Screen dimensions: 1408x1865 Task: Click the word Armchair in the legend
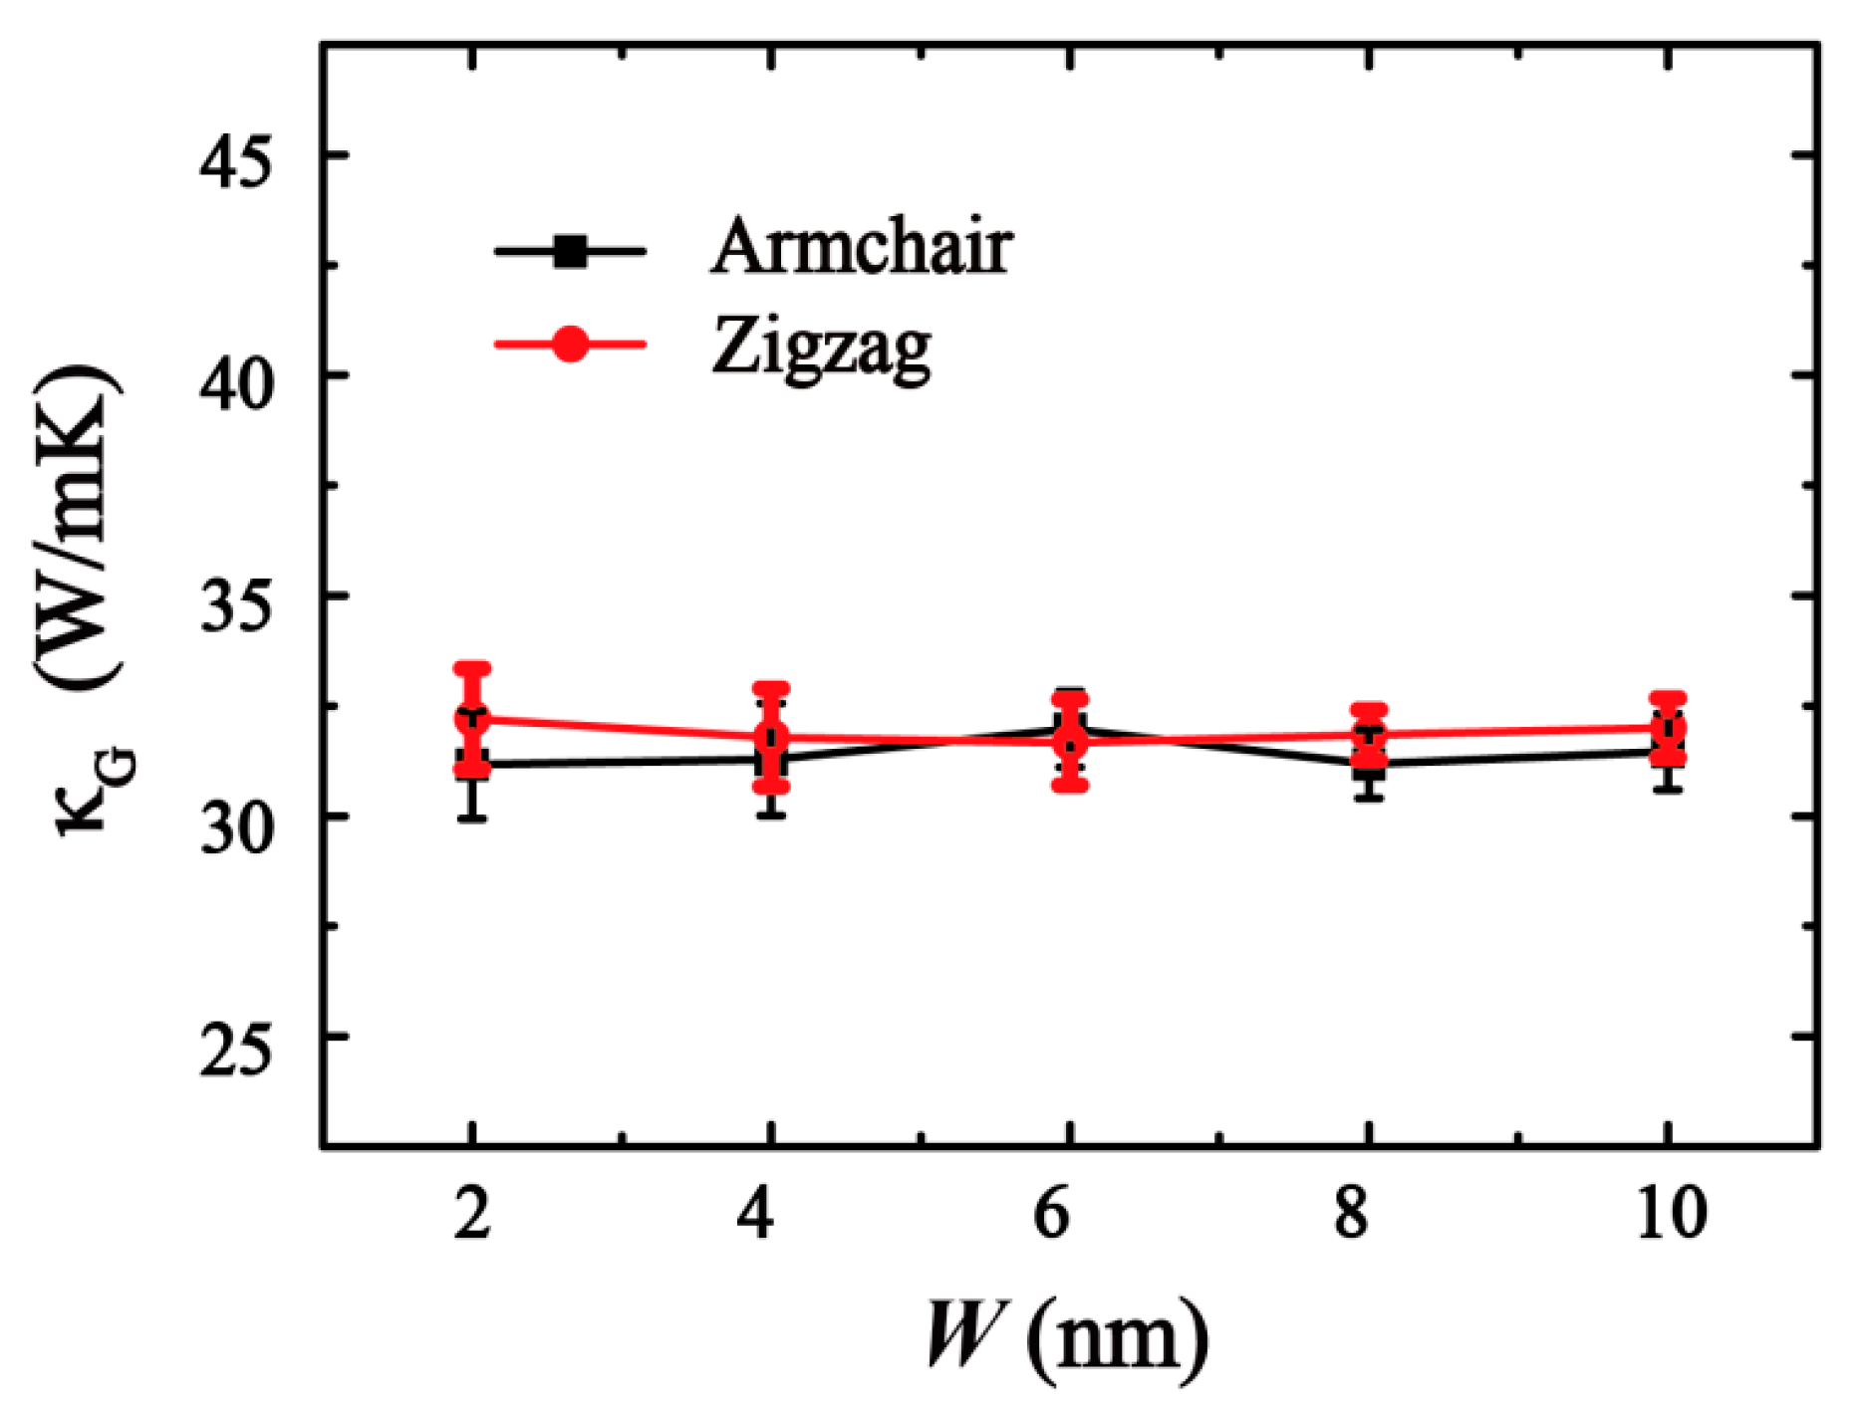pos(862,246)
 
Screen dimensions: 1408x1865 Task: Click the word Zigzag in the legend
pos(821,348)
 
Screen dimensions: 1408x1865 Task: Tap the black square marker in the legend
pos(570,251)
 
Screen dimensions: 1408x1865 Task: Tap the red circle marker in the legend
pos(570,345)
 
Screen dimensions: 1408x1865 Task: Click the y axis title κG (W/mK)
pos(90,597)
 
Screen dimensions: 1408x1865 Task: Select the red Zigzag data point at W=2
pos(472,718)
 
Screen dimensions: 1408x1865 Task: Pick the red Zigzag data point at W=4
pos(771,738)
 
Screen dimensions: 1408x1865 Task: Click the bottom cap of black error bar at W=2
pos(472,818)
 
